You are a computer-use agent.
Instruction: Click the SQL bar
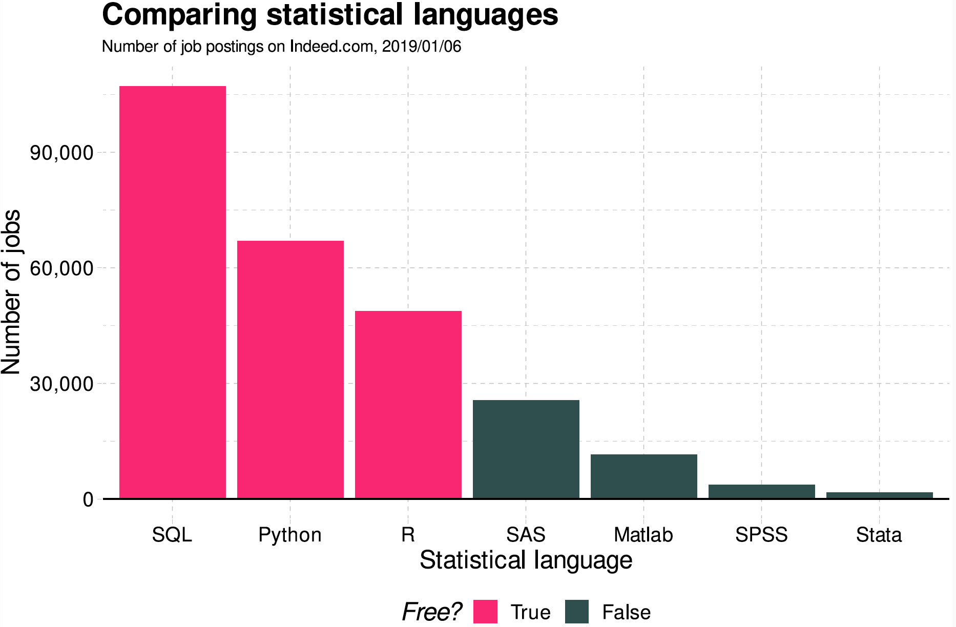[173, 292]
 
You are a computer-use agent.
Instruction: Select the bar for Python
[290, 369]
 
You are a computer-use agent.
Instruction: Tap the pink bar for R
[408, 404]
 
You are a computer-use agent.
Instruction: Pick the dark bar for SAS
[526, 449]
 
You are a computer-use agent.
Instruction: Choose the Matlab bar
[644, 476]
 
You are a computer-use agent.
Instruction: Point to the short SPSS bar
[762, 491]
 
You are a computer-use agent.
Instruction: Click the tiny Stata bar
[880, 495]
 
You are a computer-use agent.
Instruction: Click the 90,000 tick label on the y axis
[61, 153]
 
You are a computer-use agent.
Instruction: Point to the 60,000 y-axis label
[61, 268]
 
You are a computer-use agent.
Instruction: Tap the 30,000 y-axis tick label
[61, 384]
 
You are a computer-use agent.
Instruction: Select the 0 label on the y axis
[88, 499]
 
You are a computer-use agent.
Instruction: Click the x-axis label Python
[290, 535]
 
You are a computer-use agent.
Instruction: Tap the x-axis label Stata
[879, 535]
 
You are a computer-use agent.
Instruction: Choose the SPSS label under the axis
[761, 535]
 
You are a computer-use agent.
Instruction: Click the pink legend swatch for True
[485, 612]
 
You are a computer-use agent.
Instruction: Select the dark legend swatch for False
[577, 612]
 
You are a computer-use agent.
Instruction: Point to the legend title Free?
[431, 612]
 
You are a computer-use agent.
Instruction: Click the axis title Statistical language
[526, 560]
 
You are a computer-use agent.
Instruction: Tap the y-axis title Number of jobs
[11, 292]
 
